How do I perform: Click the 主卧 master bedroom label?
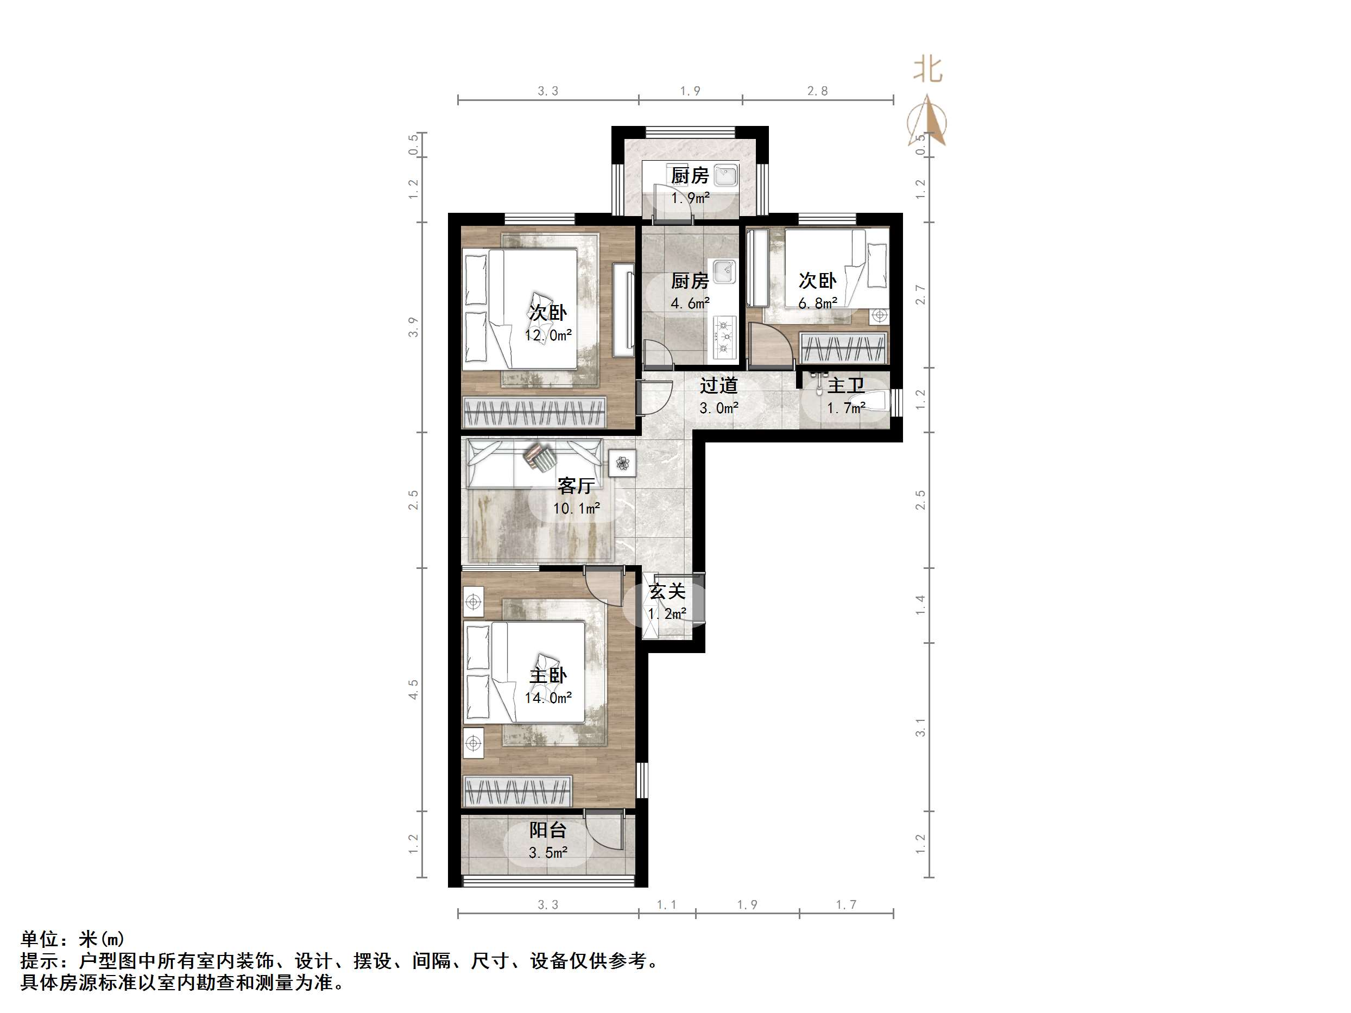[x=548, y=675]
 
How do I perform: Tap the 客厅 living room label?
[x=576, y=485]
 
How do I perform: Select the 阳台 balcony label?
[x=548, y=830]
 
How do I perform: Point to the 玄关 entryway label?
[x=667, y=591]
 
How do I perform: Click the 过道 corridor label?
[x=719, y=385]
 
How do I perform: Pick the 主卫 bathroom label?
[x=846, y=385]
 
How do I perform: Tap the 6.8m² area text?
[x=818, y=303]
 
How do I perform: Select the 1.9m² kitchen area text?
[x=690, y=198]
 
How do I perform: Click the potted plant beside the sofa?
[x=622, y=464]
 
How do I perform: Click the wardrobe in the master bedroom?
[x=518, y=792]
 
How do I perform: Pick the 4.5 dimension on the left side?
[x=413, y=689]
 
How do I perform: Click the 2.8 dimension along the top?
[x=817, y=91]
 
